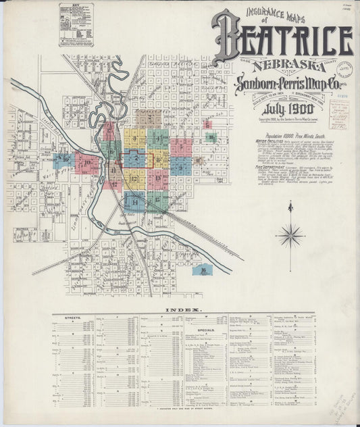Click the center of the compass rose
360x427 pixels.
point(290,236)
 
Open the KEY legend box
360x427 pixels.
point(76,24)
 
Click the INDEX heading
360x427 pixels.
point(182,309)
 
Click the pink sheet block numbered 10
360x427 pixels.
point(88,164)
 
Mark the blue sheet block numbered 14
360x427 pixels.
point(134,201)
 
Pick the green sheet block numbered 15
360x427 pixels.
point(157,200)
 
